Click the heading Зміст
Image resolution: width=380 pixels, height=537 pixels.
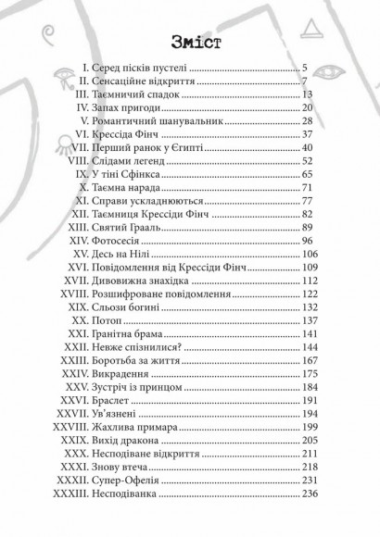[x=189, y=43]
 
